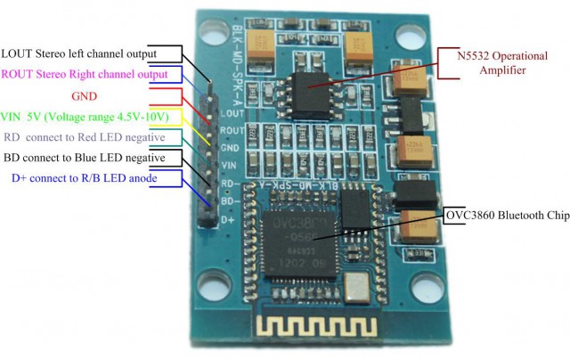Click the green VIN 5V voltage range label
(93, 117)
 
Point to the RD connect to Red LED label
(84, 137)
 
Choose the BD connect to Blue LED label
(84, 158)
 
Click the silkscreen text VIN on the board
(231, 165)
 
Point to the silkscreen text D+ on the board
(229, 218)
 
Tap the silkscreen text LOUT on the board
(232, 114)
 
